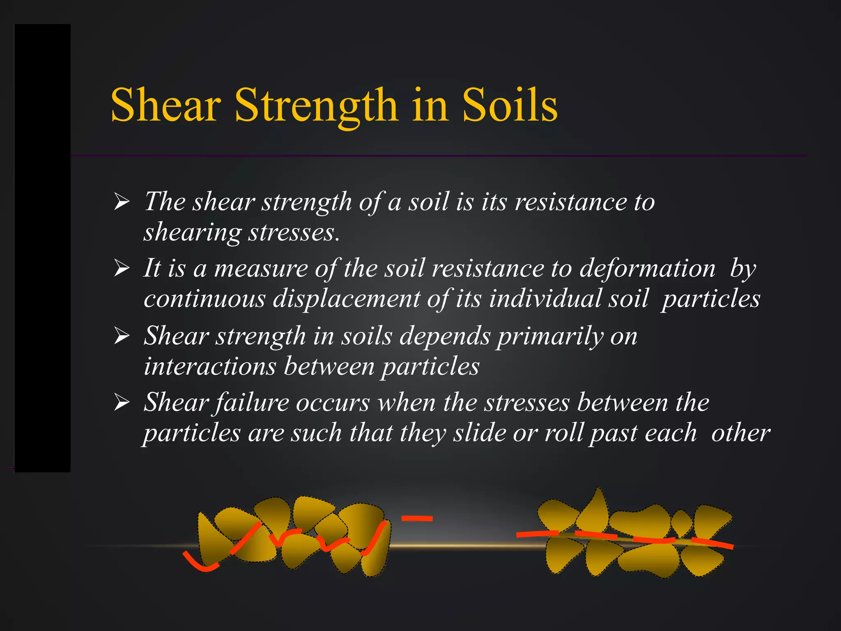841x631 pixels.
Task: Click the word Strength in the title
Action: [x=316, y=106]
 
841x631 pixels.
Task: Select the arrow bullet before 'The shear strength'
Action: [x=122, y=202]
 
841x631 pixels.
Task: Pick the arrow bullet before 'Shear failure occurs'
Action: [x=122, y=402]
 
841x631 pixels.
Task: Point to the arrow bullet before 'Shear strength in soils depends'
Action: [x=122, y=336]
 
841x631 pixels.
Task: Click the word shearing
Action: [x=192, y=233]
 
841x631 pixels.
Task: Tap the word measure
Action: [x=261, y=269]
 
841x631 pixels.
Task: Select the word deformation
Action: [x=648, y=269]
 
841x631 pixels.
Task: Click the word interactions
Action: [x=209, y=366]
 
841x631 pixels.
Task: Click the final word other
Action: [x=740, y=433]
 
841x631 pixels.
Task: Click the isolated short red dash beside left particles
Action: [x=417, y=518]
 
